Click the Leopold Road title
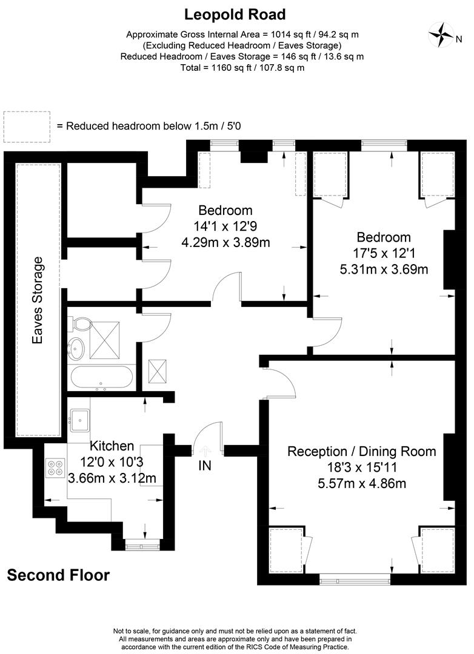(x=235, y=15)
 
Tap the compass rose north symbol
(x=441, y=35)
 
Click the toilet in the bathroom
(x=80, y=323)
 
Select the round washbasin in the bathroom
(x=77, y=348)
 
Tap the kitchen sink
(x=79, y=420)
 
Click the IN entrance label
(x=205, y=466)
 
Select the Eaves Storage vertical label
(x=38, y=301)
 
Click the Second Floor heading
(x=58, y=575)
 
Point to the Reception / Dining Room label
(x=362, y=451)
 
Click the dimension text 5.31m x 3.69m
(x=384, y=269)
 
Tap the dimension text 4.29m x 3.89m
(x=225, y=242)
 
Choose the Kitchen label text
(x=112, y=446)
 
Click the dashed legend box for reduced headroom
(x=27, y=127)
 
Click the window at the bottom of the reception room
(x=355, y=580)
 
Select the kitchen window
(x=142, y=545)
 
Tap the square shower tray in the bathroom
(x=104, y=340)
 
